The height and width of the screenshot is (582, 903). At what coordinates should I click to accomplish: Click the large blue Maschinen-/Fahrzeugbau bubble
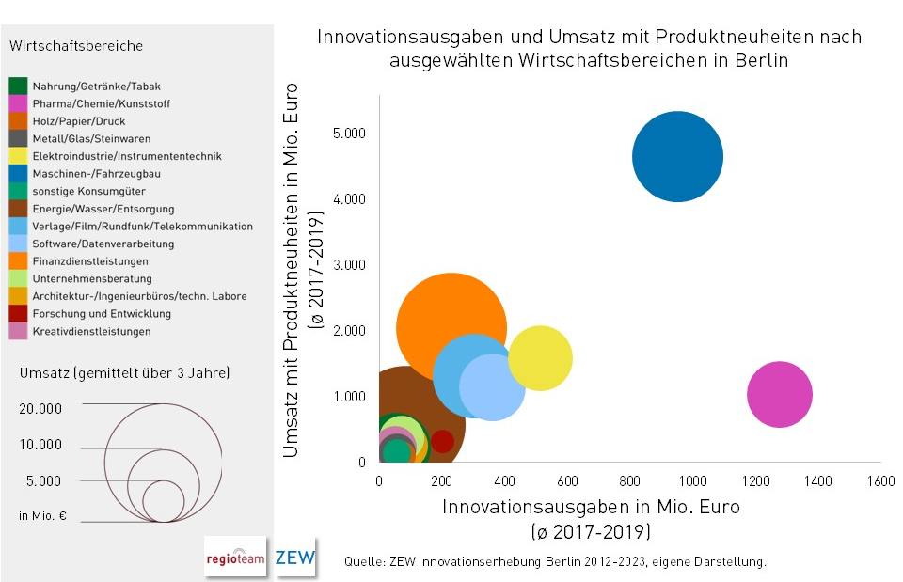point(677,156)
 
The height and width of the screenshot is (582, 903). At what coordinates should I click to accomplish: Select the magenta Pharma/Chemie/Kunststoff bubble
point(779,395)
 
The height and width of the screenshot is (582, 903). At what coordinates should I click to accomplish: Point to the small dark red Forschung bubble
point(442,440)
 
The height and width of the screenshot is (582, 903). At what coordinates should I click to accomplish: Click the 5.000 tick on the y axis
point(349,134)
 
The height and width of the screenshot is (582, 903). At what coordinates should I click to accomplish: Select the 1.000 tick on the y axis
point(349,397)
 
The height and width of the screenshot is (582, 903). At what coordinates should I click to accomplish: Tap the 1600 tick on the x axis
point(880,480)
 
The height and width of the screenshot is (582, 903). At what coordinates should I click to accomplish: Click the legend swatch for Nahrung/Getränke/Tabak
point(17,87)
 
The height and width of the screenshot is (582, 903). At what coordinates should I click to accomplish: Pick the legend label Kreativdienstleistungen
point(91,331)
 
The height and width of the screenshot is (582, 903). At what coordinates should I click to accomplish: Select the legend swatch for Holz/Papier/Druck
point(17,121)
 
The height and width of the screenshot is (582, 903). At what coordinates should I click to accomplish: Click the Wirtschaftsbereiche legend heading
point(76,46)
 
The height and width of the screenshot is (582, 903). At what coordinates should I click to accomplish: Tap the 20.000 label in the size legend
point(40,409)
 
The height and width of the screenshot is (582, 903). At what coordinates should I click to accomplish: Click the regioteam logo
point(235,558)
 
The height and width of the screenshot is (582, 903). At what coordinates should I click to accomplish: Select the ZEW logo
point(294,558)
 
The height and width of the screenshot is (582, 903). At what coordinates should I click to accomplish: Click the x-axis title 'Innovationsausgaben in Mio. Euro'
point(591,507)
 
